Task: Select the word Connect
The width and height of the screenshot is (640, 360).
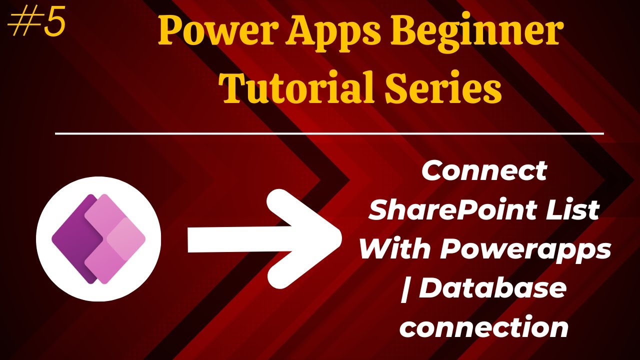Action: point(484,171)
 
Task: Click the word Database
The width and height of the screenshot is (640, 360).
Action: point(492,288)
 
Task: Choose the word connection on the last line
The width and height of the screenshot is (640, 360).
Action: point(484,327)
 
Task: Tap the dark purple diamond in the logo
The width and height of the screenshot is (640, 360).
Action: point(72,239)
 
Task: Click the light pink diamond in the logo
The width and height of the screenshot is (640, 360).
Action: point(126,239)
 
